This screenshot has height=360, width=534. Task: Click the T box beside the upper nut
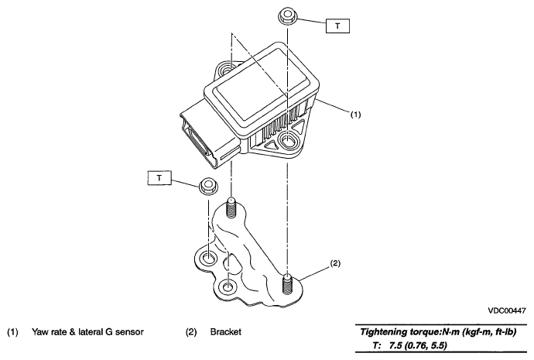point(337,26)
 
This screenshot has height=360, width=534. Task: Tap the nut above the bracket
point(208,186)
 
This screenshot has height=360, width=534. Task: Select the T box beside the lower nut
point(159,178)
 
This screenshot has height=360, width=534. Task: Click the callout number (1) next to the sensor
point(355,115)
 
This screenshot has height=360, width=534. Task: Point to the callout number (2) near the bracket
point(335,263)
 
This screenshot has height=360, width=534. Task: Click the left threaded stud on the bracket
point(231,207)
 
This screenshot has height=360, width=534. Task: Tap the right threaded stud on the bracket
point(288,283)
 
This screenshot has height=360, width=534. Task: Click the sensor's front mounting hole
point(288,141)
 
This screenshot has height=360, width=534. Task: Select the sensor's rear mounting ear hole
point(226,70)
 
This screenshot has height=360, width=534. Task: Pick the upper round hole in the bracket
point(208,259)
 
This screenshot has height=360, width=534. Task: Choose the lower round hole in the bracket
point(228,286)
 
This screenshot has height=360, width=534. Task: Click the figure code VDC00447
point(507,310)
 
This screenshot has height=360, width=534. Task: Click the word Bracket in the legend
point(226,331)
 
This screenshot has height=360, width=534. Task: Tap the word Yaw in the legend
point(39,331)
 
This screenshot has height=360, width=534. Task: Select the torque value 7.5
point(397,346)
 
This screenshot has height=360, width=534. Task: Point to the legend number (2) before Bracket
point(191,331)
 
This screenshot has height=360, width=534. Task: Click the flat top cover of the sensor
point(262,85)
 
